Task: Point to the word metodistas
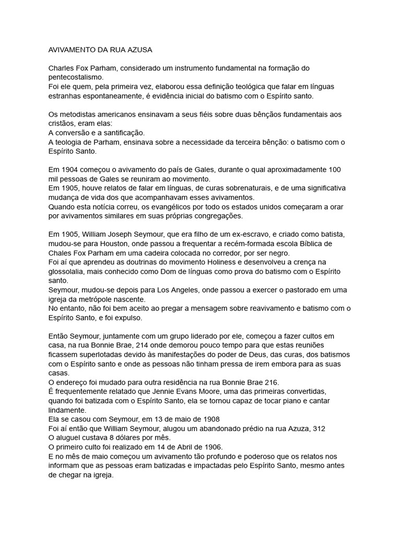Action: coord(79,114)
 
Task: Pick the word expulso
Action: coord(140,317)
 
